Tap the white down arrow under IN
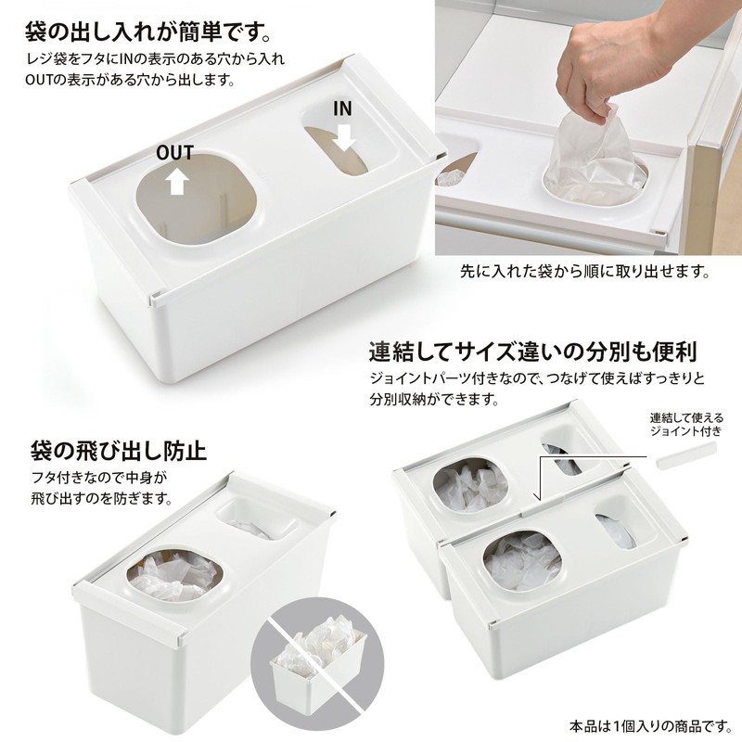point(344,137)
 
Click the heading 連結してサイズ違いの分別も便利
point(532,352)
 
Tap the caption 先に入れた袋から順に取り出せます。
point(586,274)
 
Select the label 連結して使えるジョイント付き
point(686,424)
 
